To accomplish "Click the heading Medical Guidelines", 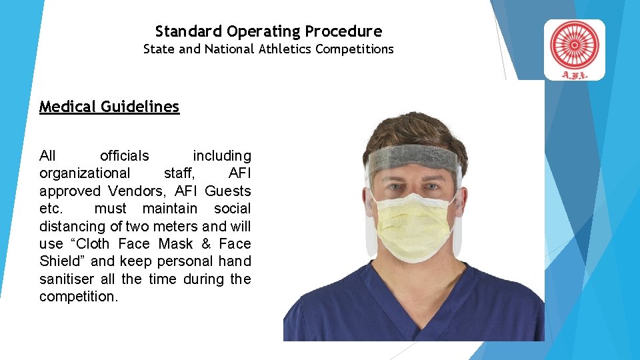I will click(109, 107).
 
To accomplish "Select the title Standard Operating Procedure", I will click(269, 31).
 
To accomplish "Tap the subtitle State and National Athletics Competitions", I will click(269, 49).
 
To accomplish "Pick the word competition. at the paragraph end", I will click(79, 296).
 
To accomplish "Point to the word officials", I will click(124, 156).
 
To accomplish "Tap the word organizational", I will click(85, 173).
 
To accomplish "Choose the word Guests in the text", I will click(228, 191).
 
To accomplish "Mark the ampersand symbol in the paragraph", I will click(206, 244).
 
